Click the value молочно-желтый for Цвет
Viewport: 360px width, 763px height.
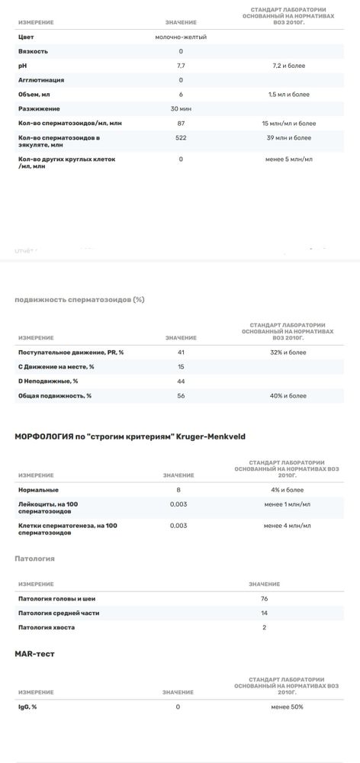[181, 37]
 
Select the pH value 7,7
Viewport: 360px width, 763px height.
[181, 66]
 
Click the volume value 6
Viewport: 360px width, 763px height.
[181, 95]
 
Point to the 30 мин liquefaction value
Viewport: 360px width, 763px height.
[181, 109]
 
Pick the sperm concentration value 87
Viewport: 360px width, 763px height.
[181, 124]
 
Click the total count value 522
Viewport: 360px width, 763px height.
[181, 138]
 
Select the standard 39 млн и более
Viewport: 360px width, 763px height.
[288, 138]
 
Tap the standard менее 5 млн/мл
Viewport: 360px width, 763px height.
[288, 159]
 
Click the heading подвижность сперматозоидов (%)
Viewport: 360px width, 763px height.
[79, 299]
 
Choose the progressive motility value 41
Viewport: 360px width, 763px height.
[181, 353]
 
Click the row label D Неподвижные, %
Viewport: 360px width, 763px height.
[48, 381]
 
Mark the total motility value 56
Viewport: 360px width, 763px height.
[181, 396]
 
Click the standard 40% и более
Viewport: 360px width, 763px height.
[288, 396]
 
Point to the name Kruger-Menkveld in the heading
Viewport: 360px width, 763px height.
[228, 436]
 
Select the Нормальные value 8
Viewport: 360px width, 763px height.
[178, 489]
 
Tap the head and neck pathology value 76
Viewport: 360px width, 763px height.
[264, 598]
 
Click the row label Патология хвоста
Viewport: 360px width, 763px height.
[47, 627]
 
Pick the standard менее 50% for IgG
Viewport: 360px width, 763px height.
[287, 707]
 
